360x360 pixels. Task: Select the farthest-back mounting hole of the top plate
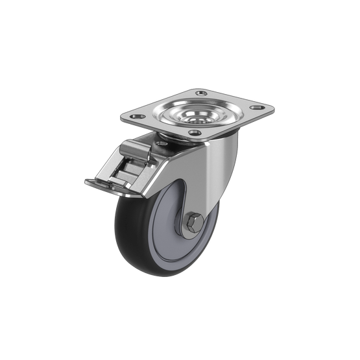pyautogui.click(x=195, y=95)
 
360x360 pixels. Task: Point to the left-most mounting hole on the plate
pyautogui.click(x=136, y=118)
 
